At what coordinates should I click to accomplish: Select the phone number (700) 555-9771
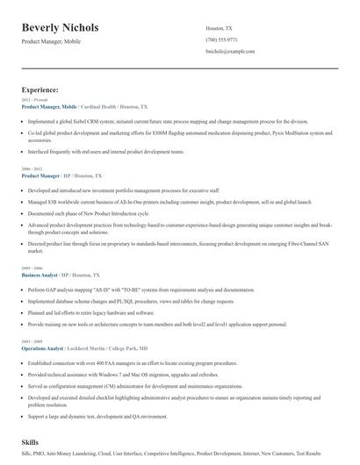pos(221,39)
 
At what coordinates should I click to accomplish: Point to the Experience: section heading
pos(40,89)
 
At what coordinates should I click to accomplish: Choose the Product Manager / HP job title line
pos(61,175)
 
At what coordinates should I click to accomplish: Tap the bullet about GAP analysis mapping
pos(140,289)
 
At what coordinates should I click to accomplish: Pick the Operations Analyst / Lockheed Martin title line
pos(84,348)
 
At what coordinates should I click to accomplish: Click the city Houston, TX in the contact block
pos(220,28)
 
